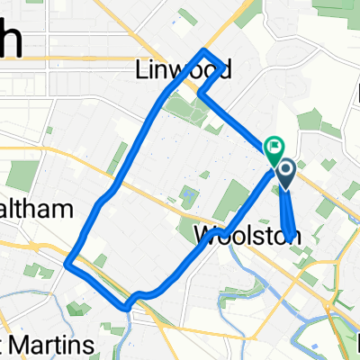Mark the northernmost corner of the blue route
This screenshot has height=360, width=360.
pos(206,49)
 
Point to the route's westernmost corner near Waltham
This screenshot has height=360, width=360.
pos(68,263)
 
